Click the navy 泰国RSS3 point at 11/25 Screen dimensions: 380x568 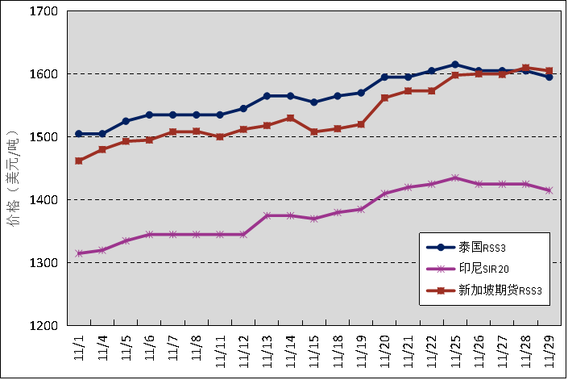[455, 65]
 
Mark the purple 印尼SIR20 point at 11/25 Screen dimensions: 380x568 [455, 177]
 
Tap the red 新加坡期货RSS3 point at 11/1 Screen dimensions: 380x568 [79, 161]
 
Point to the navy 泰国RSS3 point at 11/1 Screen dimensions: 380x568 [79, 134]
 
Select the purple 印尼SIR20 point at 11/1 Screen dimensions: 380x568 [79, 253]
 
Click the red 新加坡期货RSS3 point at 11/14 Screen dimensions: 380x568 [290, 118]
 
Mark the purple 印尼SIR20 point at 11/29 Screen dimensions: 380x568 [549, 190]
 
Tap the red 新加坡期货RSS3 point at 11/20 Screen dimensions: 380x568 [384, 98]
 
